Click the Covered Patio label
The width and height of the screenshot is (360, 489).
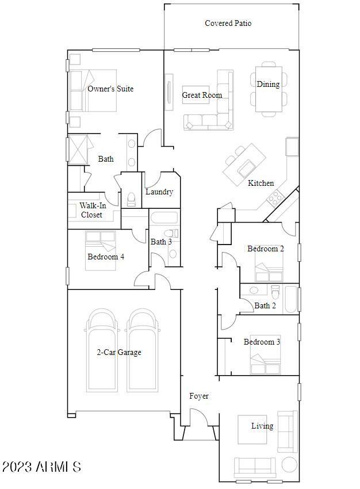tap(228, 24)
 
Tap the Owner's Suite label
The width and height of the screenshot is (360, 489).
tap(110, 89)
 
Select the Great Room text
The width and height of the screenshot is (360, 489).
tap(202, 95)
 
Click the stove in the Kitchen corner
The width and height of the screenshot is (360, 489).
tap(275, 199)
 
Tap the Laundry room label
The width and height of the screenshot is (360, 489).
tap(159, 192)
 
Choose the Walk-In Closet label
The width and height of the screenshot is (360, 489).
tap(91, 210)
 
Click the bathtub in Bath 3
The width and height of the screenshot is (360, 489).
tap(164, 219)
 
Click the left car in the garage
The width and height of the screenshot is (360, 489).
tap(102, 350)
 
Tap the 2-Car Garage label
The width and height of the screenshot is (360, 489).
tap(119, 353)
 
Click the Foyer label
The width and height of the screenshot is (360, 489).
tap(199, 396)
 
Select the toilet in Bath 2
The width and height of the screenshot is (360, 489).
tap(275, 291)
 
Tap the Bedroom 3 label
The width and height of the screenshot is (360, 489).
tap(262, 342)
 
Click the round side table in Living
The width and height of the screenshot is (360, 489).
tap(290, 464)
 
